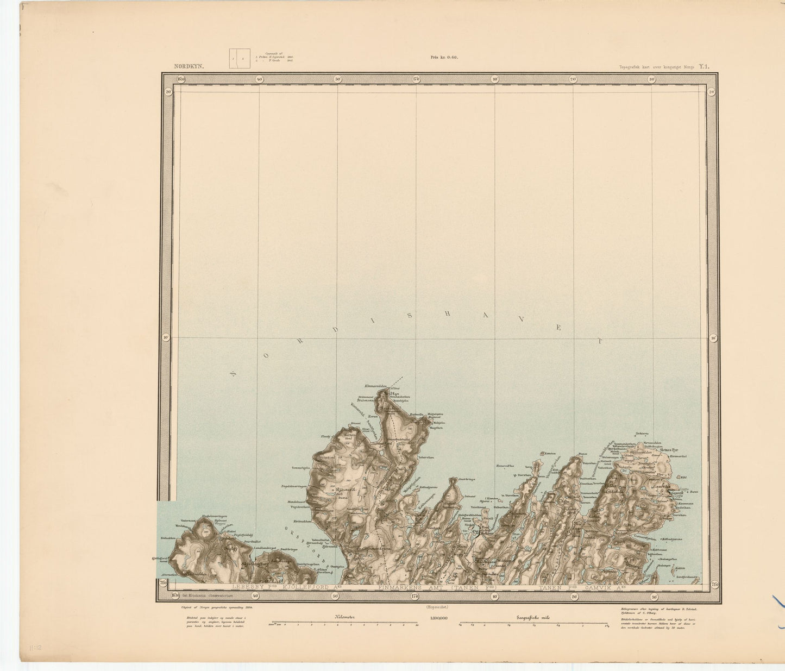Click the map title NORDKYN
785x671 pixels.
tap(189, 67)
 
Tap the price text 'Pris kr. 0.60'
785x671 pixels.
tap(444, 57)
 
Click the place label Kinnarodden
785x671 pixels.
tap(375, 386)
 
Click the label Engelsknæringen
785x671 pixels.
tap(294, 486)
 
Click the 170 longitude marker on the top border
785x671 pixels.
tap(416, 79)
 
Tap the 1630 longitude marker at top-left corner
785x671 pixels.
tap(181, 79)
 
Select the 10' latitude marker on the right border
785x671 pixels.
tap(713, 338)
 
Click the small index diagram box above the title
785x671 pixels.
tap(236, 59)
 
